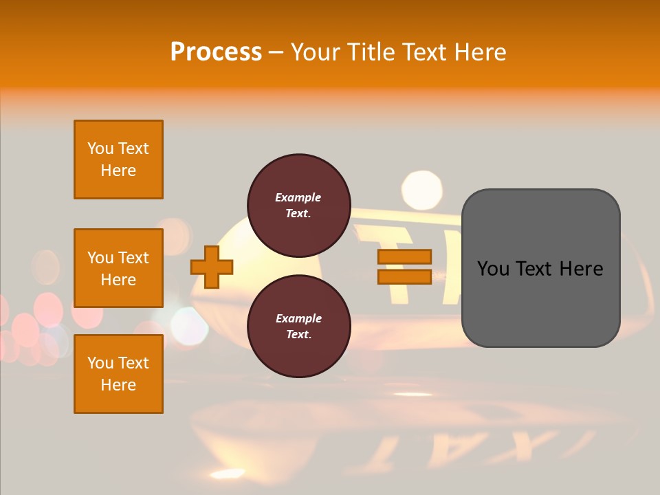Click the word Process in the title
pyautogui.click(x=216, y=52)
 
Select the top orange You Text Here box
pyautogui.click(x=118, y=159)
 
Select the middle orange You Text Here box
pyautogui.click(x=118, y=268)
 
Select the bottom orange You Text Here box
pyautogui.click(x=118, y=374)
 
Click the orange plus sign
pyautogui.click(x=212, y=267)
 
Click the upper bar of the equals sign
pyautogui.click(x=404, y=256)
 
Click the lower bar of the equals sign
pyautogui.click(x=404, y=276)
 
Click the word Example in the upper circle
pyautogui.click(x=298, y=197)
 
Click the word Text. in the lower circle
pyautogui.click(x=298, y=335)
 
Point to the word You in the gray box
pyautogui.click(x=494, y=269)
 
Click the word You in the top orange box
pyautogui.click(x=100, y=148)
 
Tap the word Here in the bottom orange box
pyautogui.click(x=118, y=385)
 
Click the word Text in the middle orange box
pyautogui.click(x=133, y=258)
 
